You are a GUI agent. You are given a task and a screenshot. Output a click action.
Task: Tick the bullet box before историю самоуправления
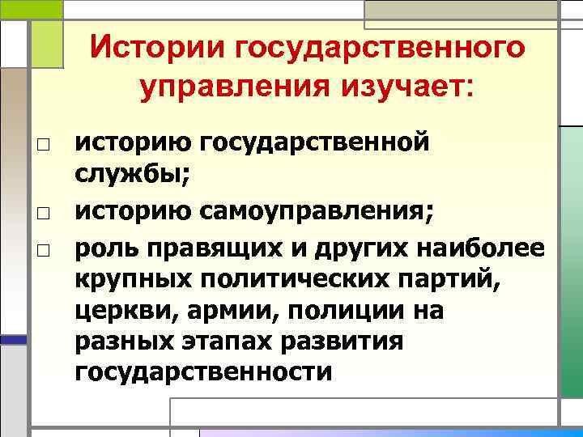(42, 213)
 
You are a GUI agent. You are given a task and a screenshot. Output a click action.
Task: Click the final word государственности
(203, 372)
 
